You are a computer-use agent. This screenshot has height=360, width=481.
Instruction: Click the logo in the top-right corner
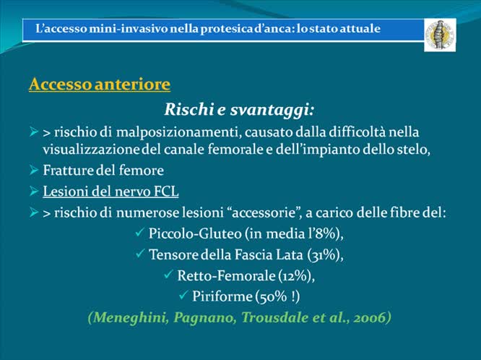coord(439,34)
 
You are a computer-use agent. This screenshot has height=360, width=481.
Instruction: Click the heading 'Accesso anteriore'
coord(100,85)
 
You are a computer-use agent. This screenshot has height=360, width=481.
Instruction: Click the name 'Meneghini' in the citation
coord(125,317)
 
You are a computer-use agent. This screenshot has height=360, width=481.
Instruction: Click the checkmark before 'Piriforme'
coord(183,295)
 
